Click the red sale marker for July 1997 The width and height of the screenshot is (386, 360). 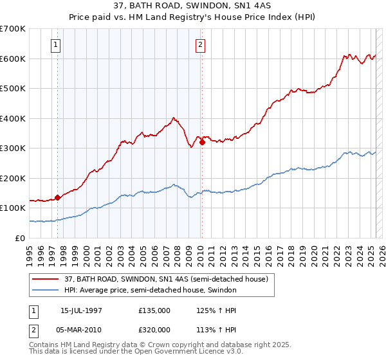[58, 197]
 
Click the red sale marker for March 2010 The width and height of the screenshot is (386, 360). [202, 143]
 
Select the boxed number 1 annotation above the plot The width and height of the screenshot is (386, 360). [57, 45]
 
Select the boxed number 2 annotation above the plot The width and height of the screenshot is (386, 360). [201, 45]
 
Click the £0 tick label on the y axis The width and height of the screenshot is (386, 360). [20, 238]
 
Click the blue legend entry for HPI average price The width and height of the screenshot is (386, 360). [151, 290]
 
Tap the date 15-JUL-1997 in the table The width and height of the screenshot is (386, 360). [81, 310]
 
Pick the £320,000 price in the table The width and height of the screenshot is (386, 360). [154, 330]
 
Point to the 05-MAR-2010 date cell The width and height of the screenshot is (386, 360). [81, 330]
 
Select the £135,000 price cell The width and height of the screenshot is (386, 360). [154, 310]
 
